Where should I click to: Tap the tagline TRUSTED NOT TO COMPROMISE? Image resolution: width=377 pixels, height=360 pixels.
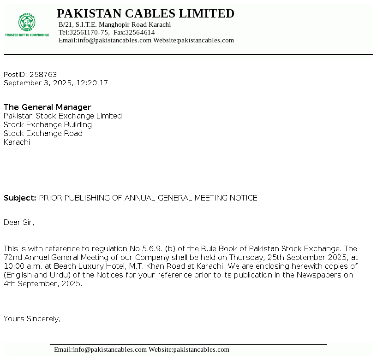point(27,35)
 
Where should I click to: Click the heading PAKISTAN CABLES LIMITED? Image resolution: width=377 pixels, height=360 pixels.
point(145,14)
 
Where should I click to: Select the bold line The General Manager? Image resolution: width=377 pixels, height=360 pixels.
point(48,107)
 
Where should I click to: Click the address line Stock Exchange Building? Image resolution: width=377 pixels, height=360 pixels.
point(48,124)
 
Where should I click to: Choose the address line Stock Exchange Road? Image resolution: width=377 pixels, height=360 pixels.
point(43,133)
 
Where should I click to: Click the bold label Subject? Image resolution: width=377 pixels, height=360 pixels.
point(20,198)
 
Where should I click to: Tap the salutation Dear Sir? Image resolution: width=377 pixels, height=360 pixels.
point(19,222)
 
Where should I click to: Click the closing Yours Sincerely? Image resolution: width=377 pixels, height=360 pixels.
point(32,318)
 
